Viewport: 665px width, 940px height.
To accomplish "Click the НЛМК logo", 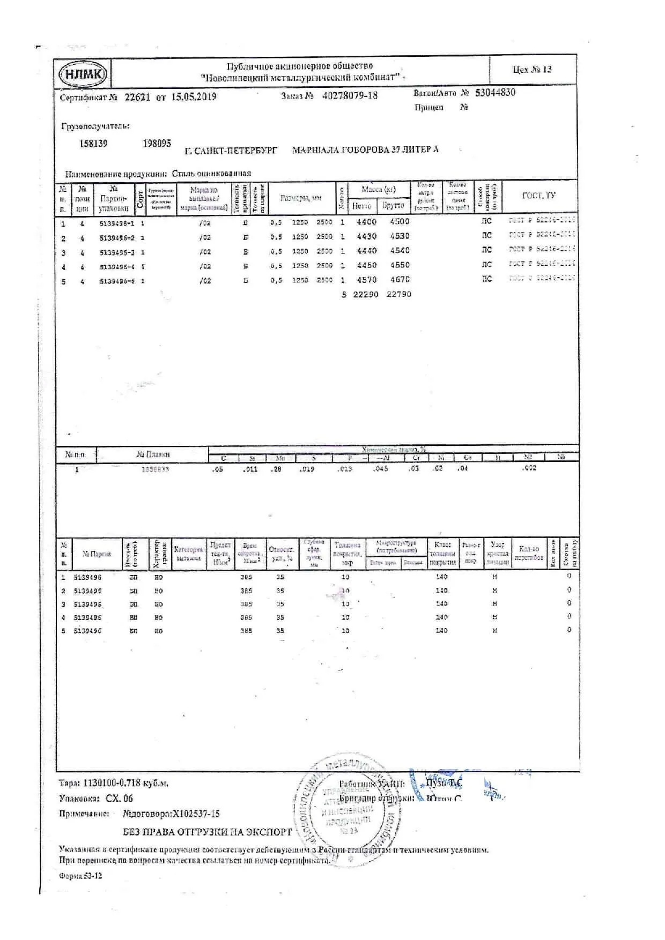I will click(83, 74).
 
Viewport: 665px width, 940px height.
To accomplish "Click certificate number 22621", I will click(137, 97).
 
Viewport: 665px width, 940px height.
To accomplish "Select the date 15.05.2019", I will click(194, 97).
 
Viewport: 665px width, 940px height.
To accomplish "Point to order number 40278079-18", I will click(350, 96).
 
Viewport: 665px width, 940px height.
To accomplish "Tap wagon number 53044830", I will click(495, 92).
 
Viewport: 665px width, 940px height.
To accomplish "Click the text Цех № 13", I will click(532, 70).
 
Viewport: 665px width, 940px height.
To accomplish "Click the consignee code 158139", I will click(93, 144).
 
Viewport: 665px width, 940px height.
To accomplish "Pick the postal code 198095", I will click(157, 144).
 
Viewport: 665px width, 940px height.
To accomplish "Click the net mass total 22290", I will click(365, 294).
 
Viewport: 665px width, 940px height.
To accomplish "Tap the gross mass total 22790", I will click(398, 294).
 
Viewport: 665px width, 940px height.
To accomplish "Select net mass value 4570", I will click(366, 280).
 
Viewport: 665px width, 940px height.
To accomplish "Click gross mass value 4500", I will click(400, 221).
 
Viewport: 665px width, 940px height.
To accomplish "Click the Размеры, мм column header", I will click(301, 198).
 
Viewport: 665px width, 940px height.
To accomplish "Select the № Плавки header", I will click(153, 454).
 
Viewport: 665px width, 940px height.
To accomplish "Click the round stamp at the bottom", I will click(343, 809).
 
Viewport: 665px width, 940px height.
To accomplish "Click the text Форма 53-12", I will click(80, 876).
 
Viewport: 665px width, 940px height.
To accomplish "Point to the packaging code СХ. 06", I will click(119, 798).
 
